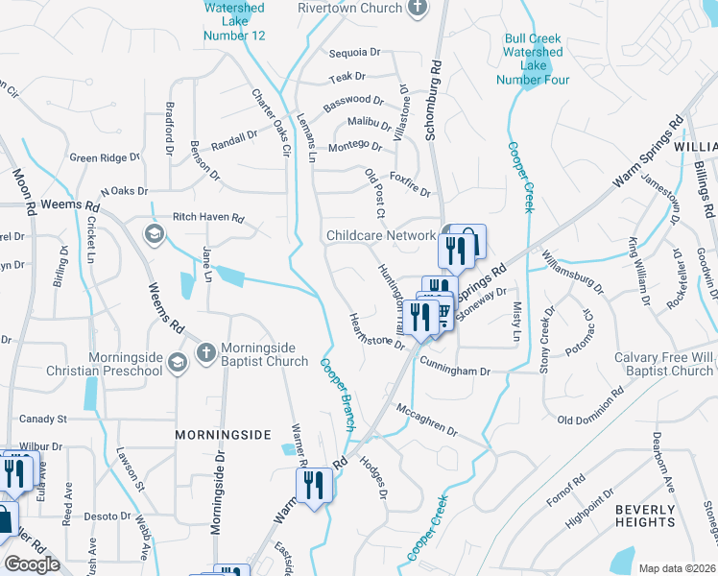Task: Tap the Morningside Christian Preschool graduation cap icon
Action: coord(177,362)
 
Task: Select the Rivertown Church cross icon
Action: coord(416,9)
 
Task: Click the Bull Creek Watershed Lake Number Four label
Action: coord(533,59)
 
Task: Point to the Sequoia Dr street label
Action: coord(354,53)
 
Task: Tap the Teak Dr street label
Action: coord(347,76)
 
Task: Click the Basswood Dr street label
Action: coord(353,100)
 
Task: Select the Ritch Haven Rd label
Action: coord(208,218)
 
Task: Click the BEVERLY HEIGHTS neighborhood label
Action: coord(645,516)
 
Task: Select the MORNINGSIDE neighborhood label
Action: coord(223,435)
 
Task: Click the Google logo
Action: coord(32,564)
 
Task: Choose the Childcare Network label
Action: coord(380,235)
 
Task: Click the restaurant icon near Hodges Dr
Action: coord(314,486)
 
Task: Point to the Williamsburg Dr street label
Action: coord(572,272)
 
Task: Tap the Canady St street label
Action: coord(43,420)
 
